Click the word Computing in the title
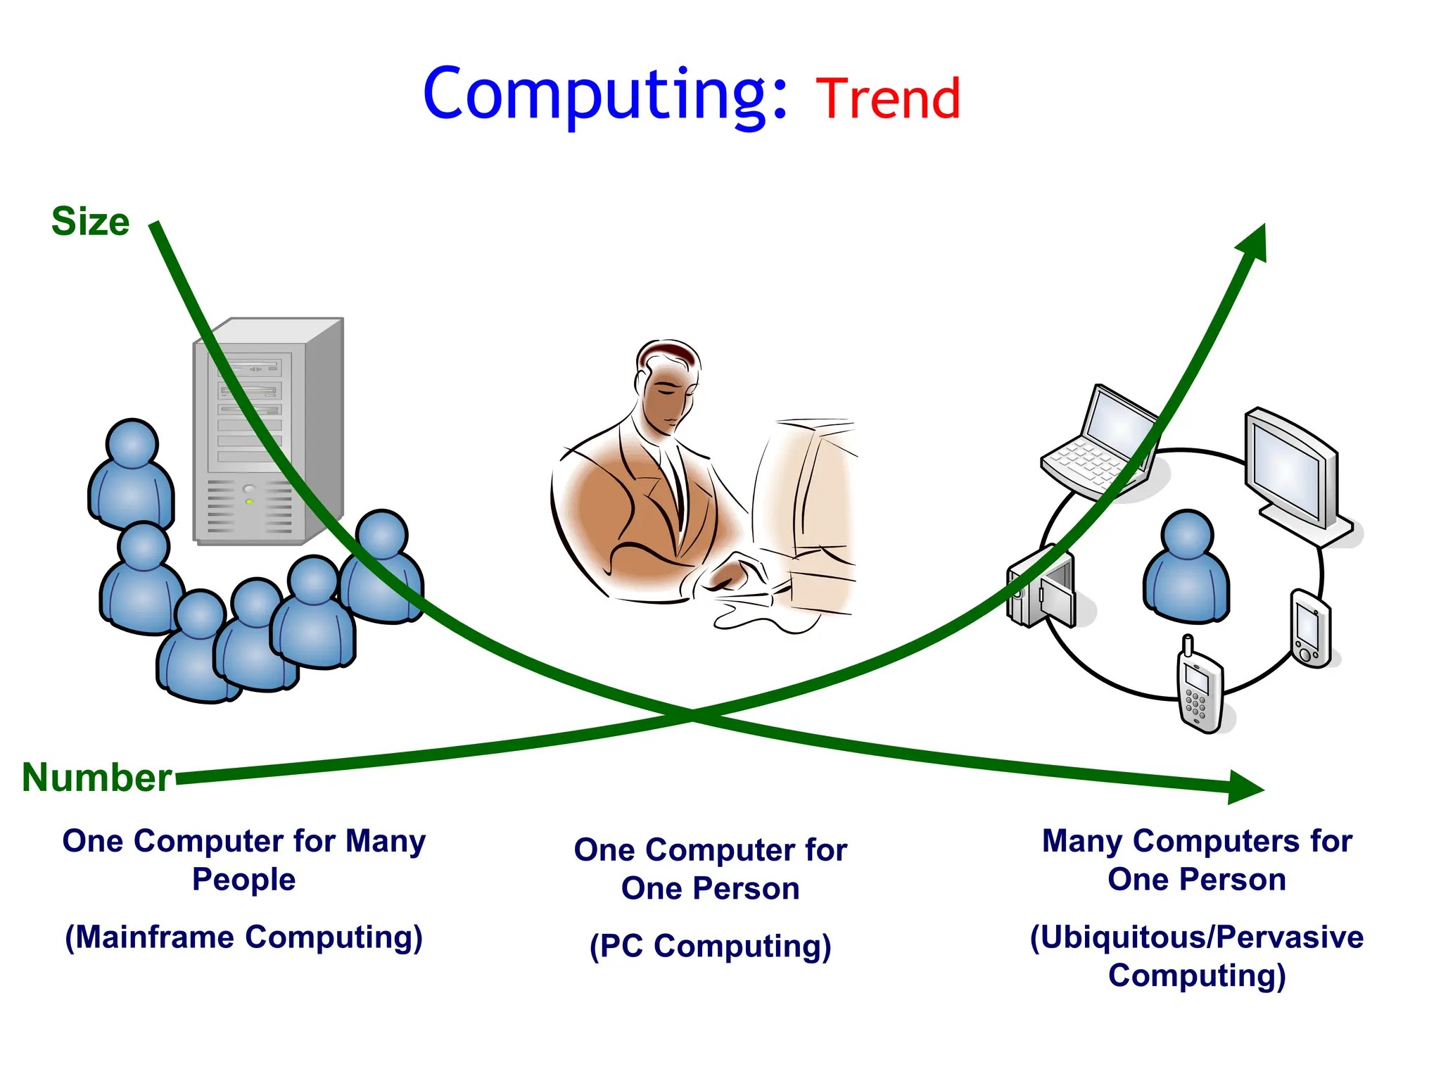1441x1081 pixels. tap(605, 95)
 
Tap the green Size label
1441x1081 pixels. tap(90, 222)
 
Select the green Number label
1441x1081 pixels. tap(96, 778)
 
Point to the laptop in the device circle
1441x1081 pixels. tap(1101, 443)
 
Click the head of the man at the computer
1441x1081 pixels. tap(668, 384)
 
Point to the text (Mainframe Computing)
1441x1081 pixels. tap(244, 937)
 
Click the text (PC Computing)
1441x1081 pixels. tap(711, 946)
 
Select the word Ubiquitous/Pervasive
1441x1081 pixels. tap(1197, 937)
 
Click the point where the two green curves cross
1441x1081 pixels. tap(692, 716)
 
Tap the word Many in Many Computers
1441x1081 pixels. tap(1082, 842)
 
